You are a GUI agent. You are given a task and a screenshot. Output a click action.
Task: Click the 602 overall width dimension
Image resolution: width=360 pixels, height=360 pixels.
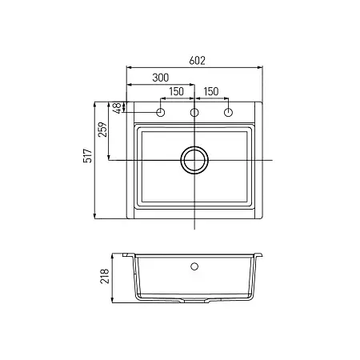click(x=197, y=61)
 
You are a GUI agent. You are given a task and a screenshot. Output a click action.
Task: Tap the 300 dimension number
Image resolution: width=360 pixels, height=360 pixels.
click(x=161, y=78)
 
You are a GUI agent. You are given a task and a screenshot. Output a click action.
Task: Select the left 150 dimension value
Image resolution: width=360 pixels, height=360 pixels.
click(x=176, y=91)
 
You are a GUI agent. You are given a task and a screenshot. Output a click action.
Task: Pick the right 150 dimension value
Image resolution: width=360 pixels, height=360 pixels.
click(x=211, y=91)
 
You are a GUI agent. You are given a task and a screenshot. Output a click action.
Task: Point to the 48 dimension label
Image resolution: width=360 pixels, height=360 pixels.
click(x=117, y=108)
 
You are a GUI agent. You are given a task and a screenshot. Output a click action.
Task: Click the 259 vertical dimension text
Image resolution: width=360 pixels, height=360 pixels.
click(x=102, y=130)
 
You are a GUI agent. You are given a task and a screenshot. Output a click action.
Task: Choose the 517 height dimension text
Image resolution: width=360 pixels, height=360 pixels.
click(x=88, y=156)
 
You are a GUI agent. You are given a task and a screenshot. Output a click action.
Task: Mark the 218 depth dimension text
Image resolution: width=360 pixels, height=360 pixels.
click(x=105, y=276)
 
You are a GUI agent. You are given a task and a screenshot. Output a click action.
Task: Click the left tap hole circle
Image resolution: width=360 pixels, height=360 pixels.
click(x=160, y=113)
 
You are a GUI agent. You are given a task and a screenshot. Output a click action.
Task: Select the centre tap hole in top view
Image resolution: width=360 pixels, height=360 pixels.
click(x=194, y=113)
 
